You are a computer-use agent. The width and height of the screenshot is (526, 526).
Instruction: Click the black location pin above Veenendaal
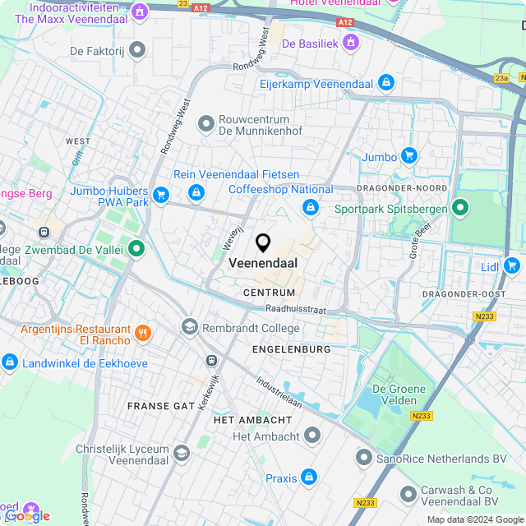[263, 242]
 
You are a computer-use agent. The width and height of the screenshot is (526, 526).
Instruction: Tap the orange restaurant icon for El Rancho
[144, 333]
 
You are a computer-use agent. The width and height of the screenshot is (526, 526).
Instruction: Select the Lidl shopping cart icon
[513, 265]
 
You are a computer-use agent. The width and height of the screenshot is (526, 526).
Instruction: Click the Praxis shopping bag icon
[309, 477]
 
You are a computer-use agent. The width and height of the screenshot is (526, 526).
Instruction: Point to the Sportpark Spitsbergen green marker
[460, 209]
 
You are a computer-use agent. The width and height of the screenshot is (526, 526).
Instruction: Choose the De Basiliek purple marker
[352, 41]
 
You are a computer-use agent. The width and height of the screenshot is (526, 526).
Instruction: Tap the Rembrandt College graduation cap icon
[190, 327]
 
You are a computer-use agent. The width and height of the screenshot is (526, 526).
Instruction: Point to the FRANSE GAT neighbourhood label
[161, 406]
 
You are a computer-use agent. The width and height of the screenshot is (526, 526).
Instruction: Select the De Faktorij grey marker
[137, 51]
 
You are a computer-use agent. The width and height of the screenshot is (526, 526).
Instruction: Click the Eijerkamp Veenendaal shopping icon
[385, 82]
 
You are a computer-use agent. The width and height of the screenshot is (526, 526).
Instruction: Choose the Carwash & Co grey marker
[408, 494]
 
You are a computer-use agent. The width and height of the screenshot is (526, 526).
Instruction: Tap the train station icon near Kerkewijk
[211, 360]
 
